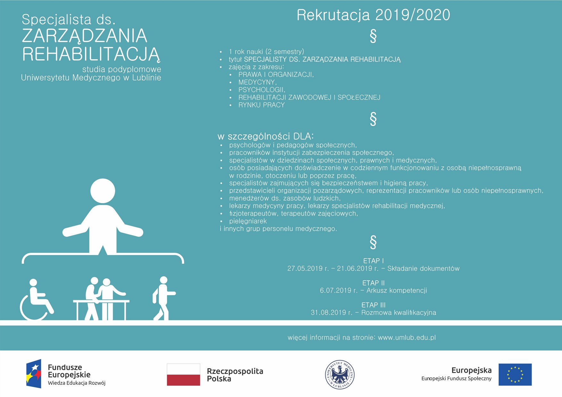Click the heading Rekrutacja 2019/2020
coord(373,15)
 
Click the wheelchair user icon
coord(36,300)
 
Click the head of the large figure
coord(103,191)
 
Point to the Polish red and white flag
coord(183,374)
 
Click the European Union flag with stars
coord(515,374)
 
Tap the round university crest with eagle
coord(340,374)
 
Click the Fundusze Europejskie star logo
coord(34,374)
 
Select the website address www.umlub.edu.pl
coord(407,337)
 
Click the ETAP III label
coord(373,305)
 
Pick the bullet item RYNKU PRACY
coord(261,105)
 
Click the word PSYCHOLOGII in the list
coord(262,90)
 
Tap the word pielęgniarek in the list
coord(248,221)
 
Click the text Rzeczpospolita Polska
coord(235,375)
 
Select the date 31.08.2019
coord(331,313)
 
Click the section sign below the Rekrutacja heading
coord(373,36)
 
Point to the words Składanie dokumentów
coord(423,269)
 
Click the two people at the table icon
coord(101,299)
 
